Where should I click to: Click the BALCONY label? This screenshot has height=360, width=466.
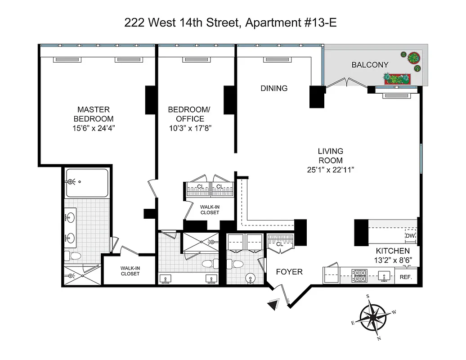[369, 65]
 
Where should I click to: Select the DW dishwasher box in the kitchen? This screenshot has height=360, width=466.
[410, 236]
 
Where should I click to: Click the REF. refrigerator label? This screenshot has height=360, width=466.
[406, 277]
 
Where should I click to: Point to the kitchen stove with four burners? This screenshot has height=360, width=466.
[359, 275]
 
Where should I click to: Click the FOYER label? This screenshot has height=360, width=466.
[289, 272]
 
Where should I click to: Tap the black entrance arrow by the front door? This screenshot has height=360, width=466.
[273, 306]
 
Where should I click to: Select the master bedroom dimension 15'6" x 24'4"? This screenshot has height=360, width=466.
[93, 128]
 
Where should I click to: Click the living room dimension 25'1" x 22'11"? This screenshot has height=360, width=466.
[331, 170]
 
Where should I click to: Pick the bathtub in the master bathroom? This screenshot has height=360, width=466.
[87, 182]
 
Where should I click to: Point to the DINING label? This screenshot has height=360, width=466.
[274, 88]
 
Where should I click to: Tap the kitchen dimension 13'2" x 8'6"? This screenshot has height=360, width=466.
[393, 260]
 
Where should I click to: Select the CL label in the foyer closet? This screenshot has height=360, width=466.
[279, 244]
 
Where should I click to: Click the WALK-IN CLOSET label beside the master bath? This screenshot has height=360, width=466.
[130, 271]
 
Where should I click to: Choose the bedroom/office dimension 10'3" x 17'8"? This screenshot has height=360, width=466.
[189, 128]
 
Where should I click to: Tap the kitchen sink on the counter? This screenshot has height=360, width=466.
[384, 275]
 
